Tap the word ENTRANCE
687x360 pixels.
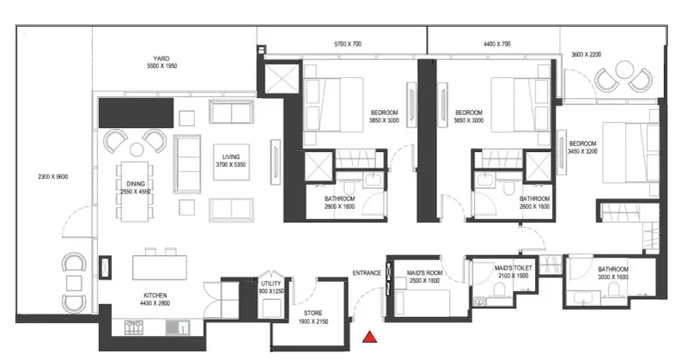tap(366, 274)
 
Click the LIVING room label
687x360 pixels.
tap(231, 156)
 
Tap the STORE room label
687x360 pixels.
tap(313, 314)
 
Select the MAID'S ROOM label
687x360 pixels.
tap(423, 274)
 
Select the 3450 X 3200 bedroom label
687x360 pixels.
tap(583, 147)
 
